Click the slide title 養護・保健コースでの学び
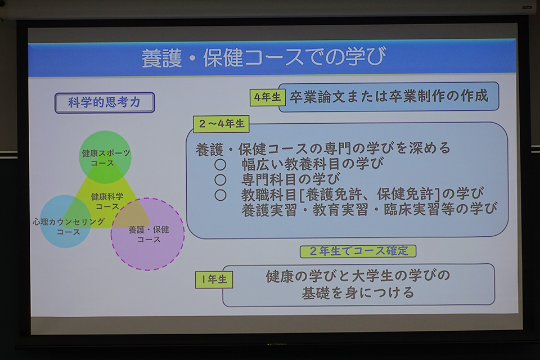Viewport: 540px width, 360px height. click(264, 57)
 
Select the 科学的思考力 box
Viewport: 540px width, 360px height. click(105, 102)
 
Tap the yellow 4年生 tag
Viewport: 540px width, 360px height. click(268, 97)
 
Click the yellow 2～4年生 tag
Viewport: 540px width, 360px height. click(221, 124)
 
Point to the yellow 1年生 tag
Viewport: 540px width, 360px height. click(214, 280)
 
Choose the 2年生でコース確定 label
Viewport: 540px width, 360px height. click(358, 251)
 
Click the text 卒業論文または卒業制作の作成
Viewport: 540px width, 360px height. click(389, 96)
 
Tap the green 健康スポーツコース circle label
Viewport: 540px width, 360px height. click(105, 157)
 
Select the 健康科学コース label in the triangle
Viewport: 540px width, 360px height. click(107, 201)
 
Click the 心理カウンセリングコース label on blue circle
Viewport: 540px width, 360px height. click(69, 227)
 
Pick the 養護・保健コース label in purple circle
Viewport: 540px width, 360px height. click(148, 234)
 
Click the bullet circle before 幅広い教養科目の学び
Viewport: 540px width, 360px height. click(220, 164)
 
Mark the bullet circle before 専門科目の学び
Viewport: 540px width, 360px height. click(220, 179)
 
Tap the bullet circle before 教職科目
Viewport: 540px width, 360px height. click(220, 195)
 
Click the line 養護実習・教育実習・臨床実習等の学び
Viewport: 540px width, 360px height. click(369, 209)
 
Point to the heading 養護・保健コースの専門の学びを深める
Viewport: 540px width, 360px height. click(323, 148)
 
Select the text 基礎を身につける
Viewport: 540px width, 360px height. click(358, 293)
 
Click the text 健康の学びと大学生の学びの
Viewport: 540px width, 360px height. click(358, 276)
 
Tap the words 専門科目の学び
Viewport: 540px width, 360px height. click(291, 179)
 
